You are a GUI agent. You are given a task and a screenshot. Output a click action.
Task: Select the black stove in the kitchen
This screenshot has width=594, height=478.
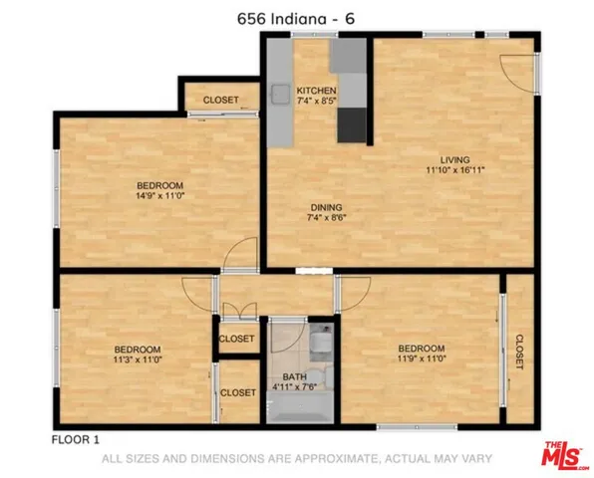coord(352,124)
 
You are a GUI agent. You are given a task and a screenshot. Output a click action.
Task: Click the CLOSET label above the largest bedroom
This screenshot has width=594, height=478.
coord(220,101)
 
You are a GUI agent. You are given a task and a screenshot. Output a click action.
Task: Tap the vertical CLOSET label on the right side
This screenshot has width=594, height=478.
coord(519,352)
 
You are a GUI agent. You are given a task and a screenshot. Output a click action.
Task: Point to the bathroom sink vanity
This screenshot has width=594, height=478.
coord(320,345)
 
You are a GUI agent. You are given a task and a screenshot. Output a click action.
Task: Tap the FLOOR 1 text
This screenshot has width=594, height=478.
coord(75,438)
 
